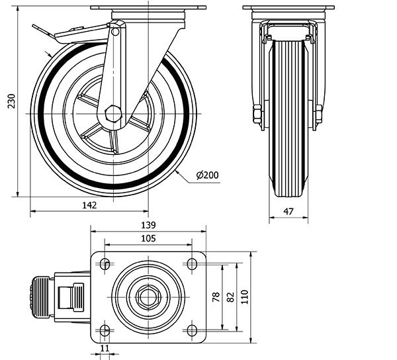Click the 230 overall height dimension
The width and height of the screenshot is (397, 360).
tap(11, 101)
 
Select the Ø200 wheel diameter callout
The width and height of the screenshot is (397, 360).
tap(207, 175)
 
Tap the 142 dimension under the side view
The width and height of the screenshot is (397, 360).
tap(89, 205)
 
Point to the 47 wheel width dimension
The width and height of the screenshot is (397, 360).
tap(288, 211)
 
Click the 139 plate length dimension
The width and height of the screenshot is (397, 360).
tap(148, 225)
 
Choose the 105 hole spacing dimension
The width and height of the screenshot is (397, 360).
tap(148, 238)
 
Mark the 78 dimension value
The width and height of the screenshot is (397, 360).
tap(216, 297)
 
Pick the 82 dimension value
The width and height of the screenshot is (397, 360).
tap(230, 297)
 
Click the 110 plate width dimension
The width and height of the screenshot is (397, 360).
tap(245, 297)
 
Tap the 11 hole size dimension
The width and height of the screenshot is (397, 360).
tap(105, 348)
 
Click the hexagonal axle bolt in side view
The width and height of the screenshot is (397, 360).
tap(113, 114)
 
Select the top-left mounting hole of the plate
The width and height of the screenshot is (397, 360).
tap(105, 264)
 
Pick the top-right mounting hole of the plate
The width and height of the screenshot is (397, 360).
tap(192, 264)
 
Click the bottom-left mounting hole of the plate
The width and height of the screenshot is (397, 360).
tap(105, 330)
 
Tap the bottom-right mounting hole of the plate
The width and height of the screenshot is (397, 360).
tap(192, 330)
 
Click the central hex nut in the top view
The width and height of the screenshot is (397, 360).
tap(148, 297)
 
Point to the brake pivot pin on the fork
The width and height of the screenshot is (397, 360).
tap(115, 32)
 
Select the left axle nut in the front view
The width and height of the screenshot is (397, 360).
tap(257, 114)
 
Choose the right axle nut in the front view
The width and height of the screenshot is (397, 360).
tap(318, 114)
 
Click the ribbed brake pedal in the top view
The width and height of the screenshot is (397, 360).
tap(40, 296)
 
